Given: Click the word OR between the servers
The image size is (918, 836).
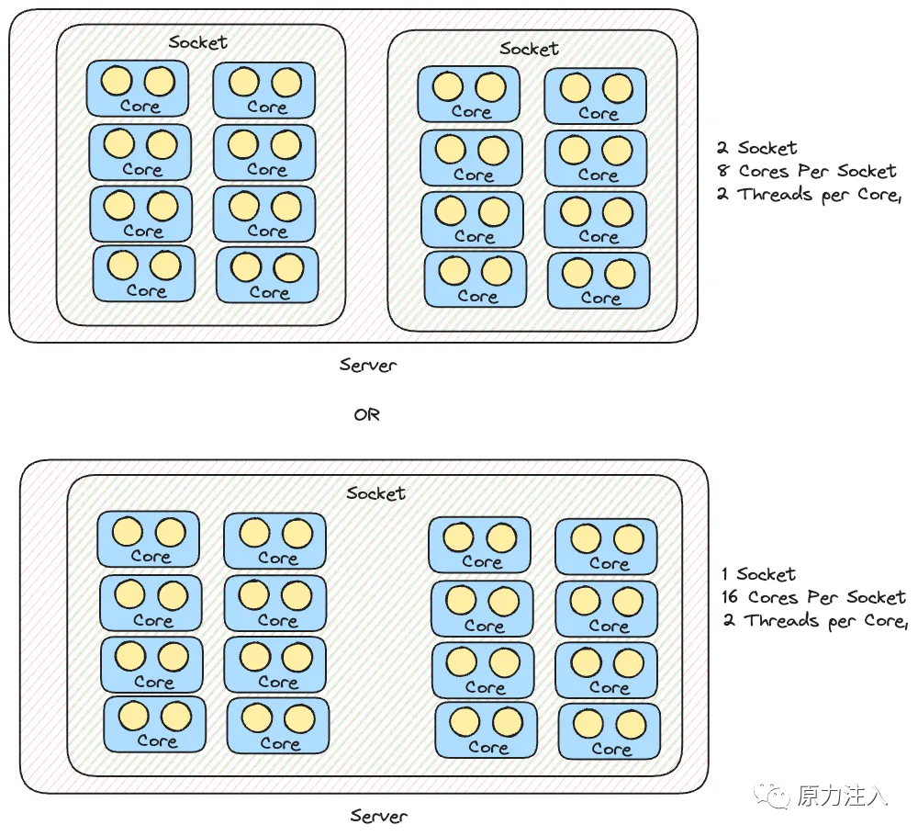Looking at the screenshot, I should [366, 414].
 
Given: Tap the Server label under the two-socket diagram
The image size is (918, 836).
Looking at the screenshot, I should [367, 366].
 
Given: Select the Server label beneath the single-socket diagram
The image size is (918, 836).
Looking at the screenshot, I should [378, 816].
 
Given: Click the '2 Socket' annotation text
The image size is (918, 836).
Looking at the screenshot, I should [757, 148].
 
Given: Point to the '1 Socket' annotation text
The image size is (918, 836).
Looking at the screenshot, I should [758, 575].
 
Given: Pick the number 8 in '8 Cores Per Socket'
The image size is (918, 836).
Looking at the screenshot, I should [724, 171].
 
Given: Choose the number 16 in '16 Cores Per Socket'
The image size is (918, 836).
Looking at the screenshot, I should [732, 598].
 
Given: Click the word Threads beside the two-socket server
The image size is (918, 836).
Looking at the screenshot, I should [778, 194].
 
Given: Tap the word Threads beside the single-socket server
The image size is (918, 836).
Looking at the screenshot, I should [784, 621].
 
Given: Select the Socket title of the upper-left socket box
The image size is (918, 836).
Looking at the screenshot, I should [198, 41].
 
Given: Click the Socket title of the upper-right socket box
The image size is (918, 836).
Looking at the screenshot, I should [530, 48].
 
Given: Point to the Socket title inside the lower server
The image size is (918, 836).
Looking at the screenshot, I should [375, 492].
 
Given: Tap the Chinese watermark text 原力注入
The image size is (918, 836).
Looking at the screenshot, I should [842, 796].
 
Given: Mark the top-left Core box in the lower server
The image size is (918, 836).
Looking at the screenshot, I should [149, 539].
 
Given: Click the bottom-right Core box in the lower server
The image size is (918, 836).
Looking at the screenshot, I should [610, 731].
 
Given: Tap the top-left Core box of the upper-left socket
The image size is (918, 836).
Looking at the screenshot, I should [138, 88].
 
